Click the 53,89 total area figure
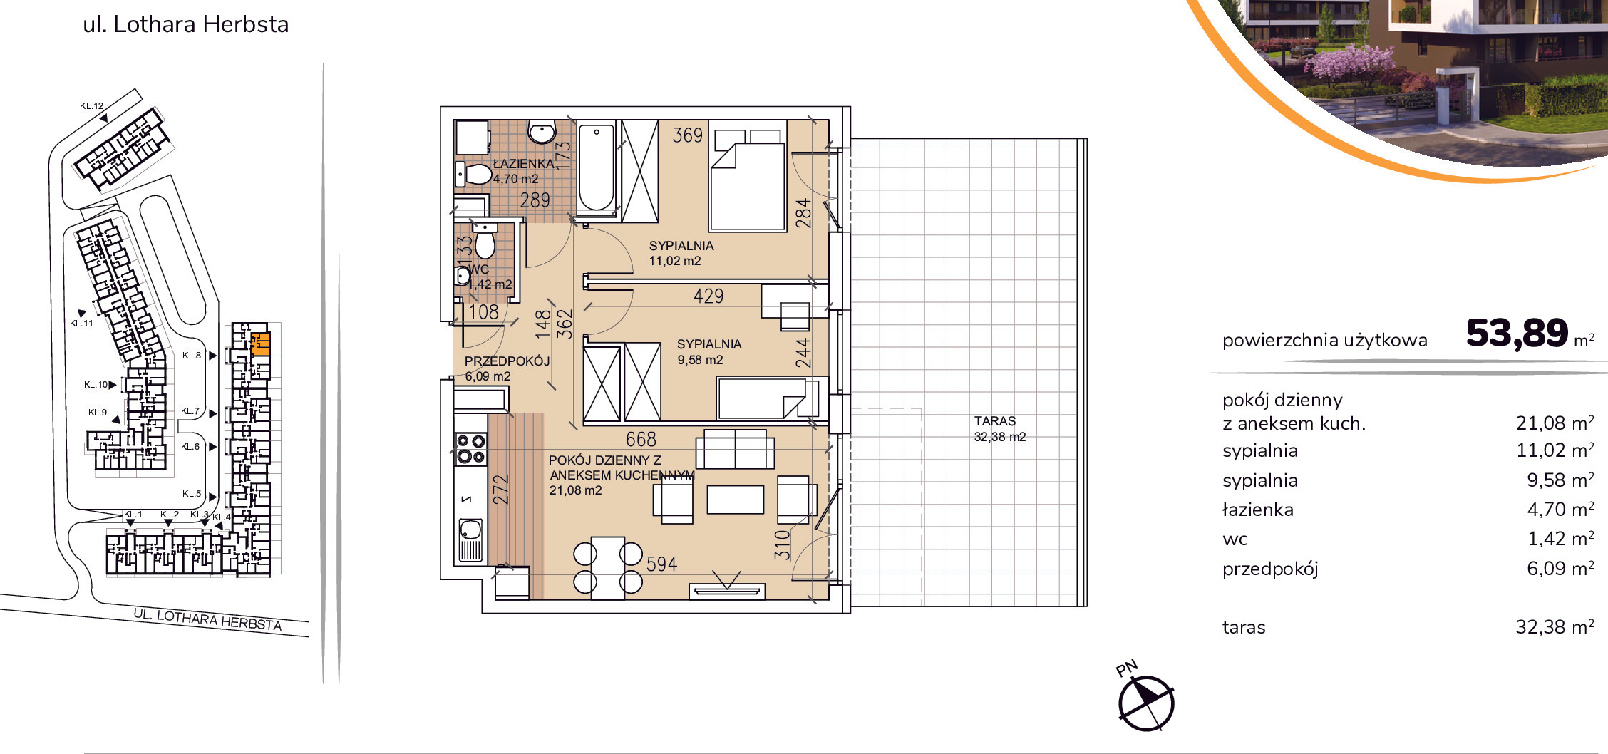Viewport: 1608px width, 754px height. coord(1517,334)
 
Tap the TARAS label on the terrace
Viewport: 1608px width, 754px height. coord(995,421)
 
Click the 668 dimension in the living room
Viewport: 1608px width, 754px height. coord(641,439)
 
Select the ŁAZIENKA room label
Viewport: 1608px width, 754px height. coord(524,163)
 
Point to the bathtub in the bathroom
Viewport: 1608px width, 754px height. coord(597,168)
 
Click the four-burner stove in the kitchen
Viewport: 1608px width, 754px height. coord(470,449)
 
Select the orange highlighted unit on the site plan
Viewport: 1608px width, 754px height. coord(261,344)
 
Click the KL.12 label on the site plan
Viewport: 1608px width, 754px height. coord(91,106)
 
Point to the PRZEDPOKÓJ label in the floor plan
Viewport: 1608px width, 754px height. coord(507,361)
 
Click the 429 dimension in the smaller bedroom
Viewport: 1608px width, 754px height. coord(708,296)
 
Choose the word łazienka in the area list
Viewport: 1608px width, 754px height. coord(1258,510)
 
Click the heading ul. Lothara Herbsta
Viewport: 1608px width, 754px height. coord(186,24)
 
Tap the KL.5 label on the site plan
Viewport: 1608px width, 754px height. coord(192,494)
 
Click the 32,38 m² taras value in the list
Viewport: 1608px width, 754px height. coord(1555,627)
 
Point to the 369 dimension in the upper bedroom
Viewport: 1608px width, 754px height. coord(688,135)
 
